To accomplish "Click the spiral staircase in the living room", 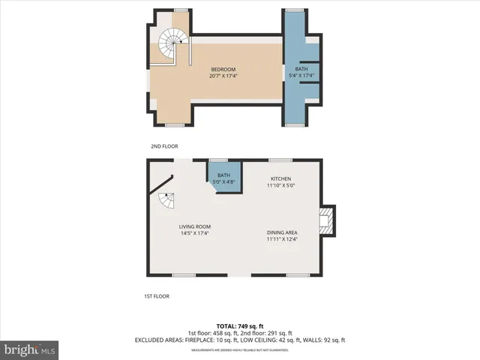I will click(165, 200).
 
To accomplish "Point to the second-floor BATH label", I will click(301, 69).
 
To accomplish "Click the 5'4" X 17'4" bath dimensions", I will click(301, 76).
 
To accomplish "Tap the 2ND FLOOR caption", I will click(164, 146).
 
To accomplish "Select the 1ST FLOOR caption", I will click(157, 296).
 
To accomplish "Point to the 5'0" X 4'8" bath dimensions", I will click(224, 181).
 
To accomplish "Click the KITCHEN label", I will click(281, 178).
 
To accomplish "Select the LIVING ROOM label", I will click(194, 226).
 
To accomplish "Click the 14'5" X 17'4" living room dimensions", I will click(194, 233).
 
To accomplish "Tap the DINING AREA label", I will click(282, 232).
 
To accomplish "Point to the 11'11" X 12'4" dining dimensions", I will click(282, 239).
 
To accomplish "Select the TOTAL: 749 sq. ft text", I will click(239, 326).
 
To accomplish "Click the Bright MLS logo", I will click(30, 349).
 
